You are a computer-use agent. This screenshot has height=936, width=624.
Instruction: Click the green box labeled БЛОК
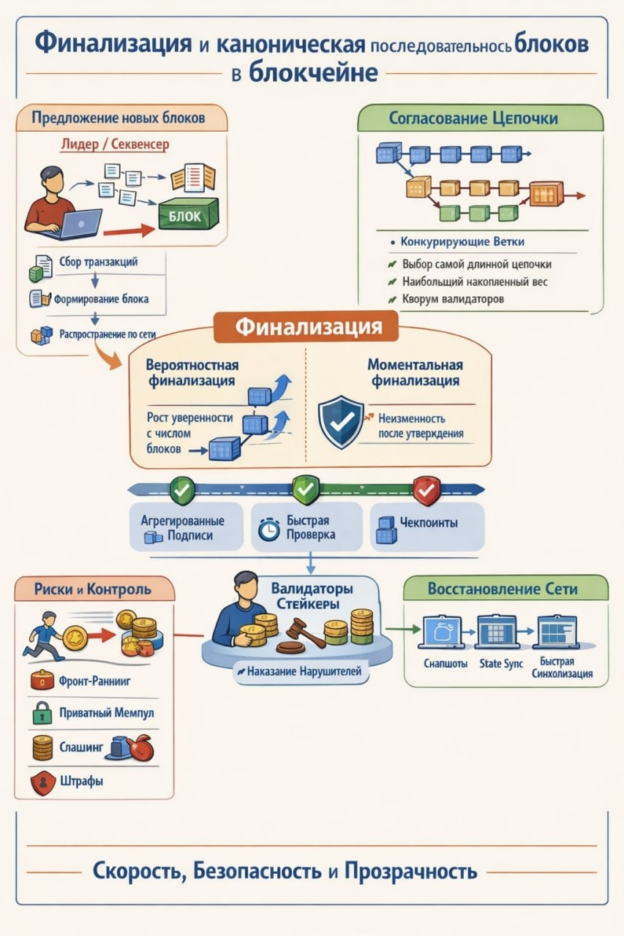coord(188,215)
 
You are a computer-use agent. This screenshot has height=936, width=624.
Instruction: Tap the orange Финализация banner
coord(306,326)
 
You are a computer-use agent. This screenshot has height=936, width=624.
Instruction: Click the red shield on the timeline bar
coord(426,489)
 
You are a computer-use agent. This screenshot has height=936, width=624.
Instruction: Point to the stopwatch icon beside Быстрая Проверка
coord(270,529)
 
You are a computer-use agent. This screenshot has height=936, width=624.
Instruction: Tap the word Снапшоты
coord(446,664)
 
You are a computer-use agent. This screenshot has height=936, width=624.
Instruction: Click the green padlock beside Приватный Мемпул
coord(41,712)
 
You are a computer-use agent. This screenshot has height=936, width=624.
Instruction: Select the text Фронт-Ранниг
coord(94,681)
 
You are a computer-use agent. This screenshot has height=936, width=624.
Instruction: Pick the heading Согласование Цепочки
coord(473,118)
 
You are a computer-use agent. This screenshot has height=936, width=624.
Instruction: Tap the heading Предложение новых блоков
coord(119,117)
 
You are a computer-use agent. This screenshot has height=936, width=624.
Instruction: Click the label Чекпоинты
coord(429,523)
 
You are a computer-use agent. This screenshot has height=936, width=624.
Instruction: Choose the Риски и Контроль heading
coord(92,589)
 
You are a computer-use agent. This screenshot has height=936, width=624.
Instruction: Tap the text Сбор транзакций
coord(98,262)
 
